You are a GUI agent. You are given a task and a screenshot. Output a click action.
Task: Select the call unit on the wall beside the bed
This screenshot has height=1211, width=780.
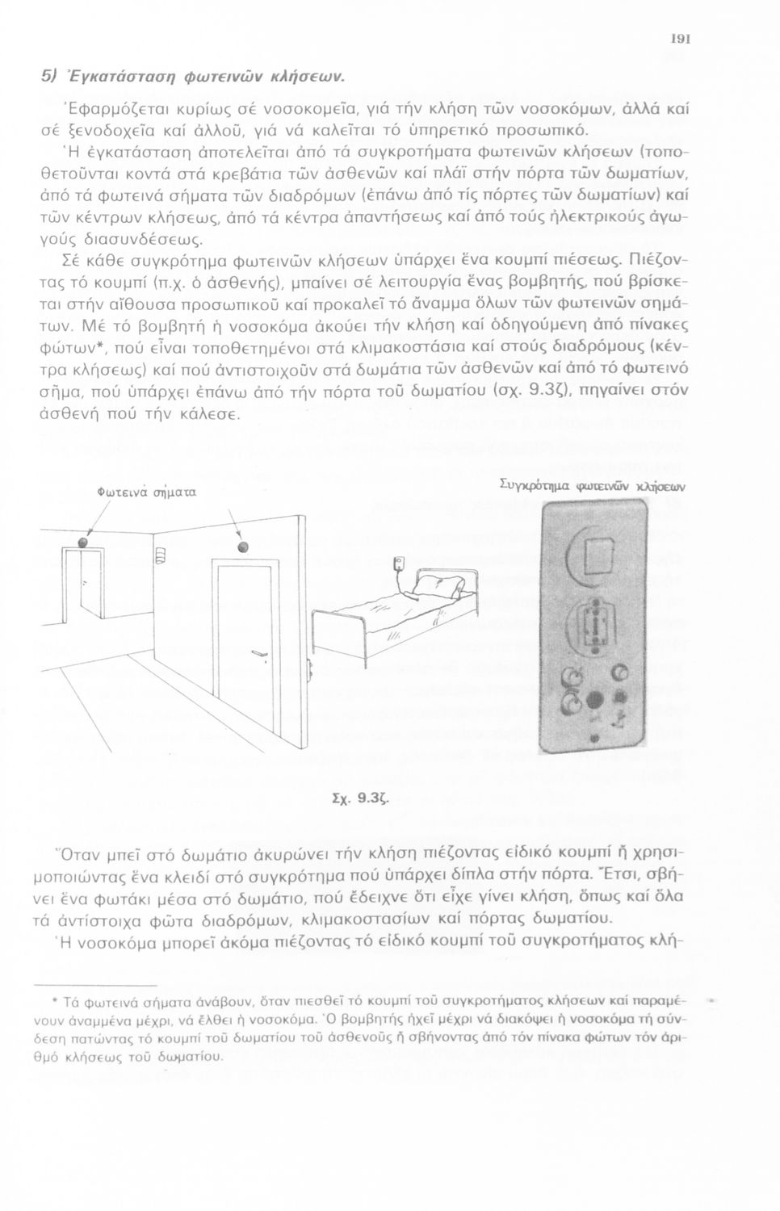[x=397, y=566]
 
